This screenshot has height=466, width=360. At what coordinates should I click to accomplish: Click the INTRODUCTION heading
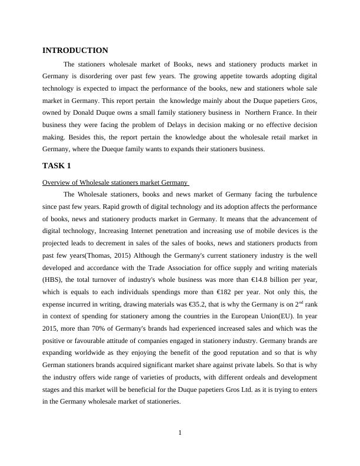[75, 51]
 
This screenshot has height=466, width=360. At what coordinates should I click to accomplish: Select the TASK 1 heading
[56, 166]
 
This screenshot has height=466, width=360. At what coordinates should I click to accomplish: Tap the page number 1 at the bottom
[180, 434]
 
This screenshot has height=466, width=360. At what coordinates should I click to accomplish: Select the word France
[283, 112]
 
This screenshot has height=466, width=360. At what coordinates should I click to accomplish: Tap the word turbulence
[298, 194]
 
